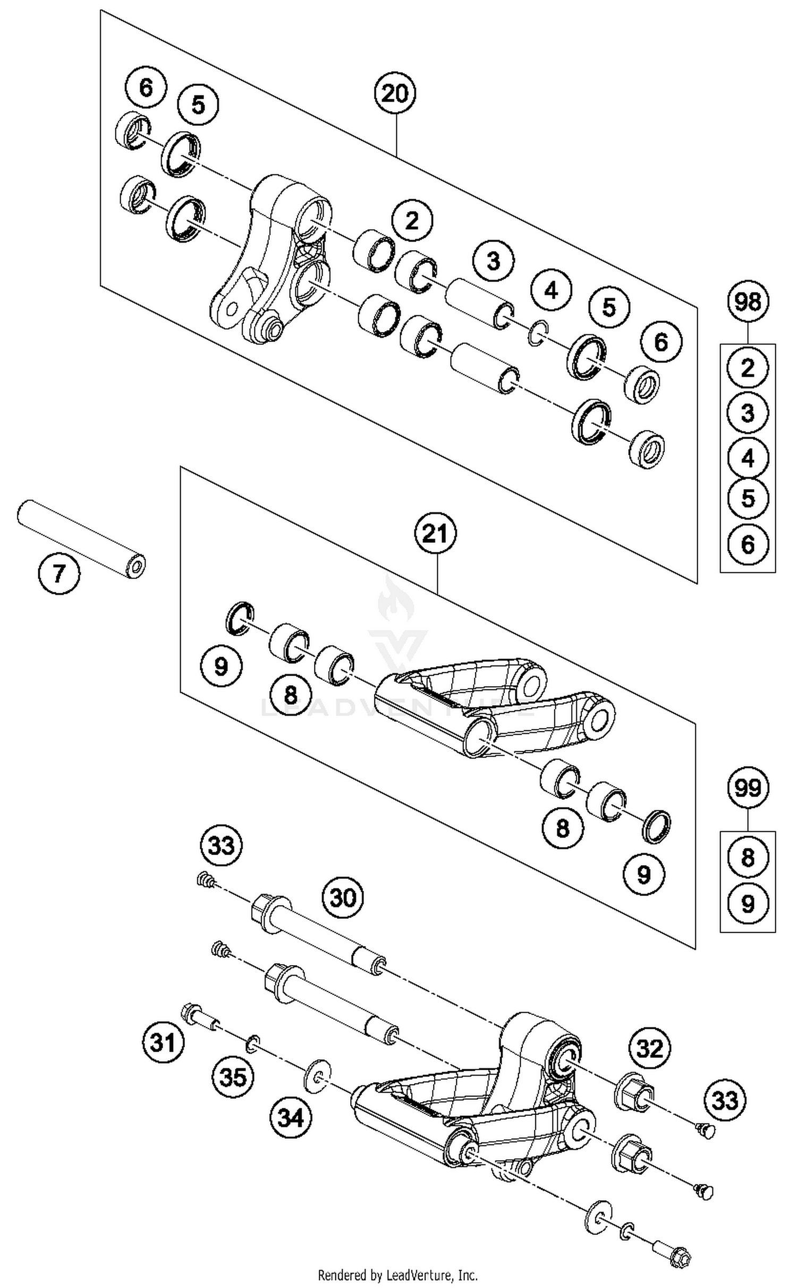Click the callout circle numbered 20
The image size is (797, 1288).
pyautogui.click(x=395, y=93)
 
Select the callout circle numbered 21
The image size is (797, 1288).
pyautogui.click(x=436, y=534)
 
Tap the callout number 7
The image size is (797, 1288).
pyautogui.click(x=58, y=574)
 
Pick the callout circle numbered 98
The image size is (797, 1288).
pyautogui.click(x=748, y=302)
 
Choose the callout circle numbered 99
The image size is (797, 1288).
pyautogui.click(x=748, y=788)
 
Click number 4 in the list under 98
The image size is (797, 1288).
pyautogui.click(x=748, y=458)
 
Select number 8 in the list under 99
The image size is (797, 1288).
pyautogui.click(x=748, y=857)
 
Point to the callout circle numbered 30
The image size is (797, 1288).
pyautogui.click(x=343, y=898)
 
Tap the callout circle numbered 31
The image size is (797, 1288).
pyautogui.click(x=163, y=1043)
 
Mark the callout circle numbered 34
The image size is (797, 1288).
pyautogui.click(x=292, y=1118)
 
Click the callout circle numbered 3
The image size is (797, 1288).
pyautogui.click(x=494, y=261)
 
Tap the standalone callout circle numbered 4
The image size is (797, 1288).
pyautogui.click(x=552, y=291)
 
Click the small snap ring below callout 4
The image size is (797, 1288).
pyautogui.click(x=538, y=335)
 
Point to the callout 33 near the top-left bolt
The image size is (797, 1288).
pyautogui.click(x=222, y=845)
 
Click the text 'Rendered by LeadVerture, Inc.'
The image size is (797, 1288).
pyautogui.click(x=397, y=1275)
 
